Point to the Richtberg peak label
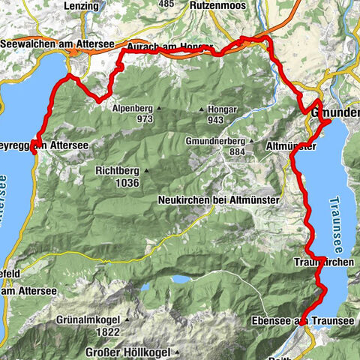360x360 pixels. pos(117,171)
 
